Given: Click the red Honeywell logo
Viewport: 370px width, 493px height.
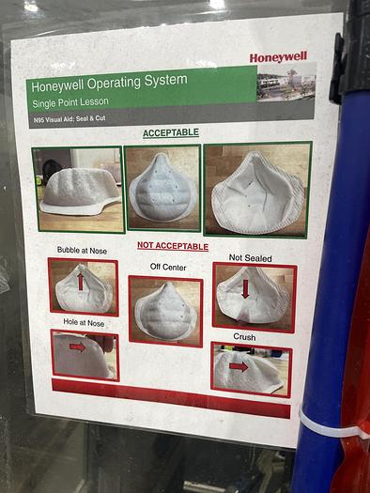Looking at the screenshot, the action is (x=278, y=57).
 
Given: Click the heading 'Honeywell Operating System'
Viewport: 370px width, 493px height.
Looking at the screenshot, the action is (x=109, y=83).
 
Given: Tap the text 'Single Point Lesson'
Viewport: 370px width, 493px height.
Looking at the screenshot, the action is (x=70, y=102).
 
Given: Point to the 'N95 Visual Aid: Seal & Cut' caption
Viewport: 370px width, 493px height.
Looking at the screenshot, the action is (x=69, y=119).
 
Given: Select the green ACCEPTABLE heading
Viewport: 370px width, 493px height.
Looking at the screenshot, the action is (x=171, y=132).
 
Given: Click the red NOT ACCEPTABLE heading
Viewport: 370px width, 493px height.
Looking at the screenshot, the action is (x=173, y=245).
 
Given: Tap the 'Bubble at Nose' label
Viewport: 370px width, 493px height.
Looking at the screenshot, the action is (x=82, y=251).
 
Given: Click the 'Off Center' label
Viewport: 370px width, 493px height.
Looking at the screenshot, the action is (x=168, y=267).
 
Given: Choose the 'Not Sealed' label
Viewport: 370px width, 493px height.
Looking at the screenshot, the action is (x=250, y=258).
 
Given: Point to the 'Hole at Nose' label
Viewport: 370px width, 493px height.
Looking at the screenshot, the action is (x=84, y=322).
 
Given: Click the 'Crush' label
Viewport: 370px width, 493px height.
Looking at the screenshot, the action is (x=244, y=337).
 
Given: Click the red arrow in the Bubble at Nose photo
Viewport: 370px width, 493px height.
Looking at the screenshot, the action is (x=81, y=281).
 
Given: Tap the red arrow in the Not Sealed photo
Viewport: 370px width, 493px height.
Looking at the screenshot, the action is (x=245, y=289).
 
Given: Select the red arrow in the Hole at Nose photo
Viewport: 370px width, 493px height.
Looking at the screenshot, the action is (x=77, y=347).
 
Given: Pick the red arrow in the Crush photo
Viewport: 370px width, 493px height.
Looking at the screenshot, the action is (x=239, y=366).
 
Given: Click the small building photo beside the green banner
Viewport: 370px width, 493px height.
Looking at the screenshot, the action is (x=286, y=82).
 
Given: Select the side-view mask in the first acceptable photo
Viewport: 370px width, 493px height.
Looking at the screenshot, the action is (x=81, y=192).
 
